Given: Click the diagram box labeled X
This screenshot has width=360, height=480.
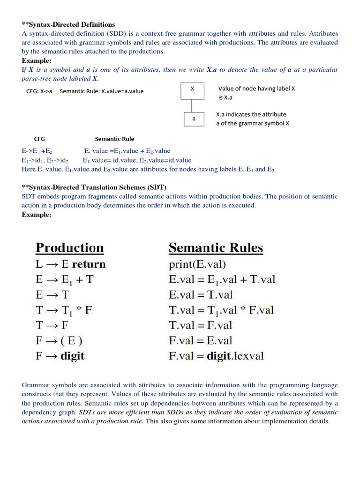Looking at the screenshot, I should (x=192, y=90).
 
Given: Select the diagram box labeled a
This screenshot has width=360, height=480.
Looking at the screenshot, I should (x=194, y=119).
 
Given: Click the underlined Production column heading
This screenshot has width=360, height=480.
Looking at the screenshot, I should (x=69, y=248).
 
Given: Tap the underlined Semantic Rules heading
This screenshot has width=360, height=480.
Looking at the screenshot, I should (x=216, y=248).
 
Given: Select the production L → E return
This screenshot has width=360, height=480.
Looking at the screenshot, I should (x=70, y=264).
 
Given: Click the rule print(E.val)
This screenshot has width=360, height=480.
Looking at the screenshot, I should (x=197, y=264).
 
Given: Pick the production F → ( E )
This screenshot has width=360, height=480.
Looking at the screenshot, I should (x=61, y=340).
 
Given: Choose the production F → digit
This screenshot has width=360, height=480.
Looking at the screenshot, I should (x=60, y=356).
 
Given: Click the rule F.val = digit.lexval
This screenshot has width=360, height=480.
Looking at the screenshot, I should (x=216, y=356).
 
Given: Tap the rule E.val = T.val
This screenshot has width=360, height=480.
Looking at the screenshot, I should (x=201, y=295).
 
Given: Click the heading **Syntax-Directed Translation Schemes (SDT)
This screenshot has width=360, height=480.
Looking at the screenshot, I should (x=94, y=187).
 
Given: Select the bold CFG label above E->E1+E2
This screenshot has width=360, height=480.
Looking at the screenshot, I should (x=39, y=139).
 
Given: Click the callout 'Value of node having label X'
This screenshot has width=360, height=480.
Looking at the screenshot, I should (x=256, y=89).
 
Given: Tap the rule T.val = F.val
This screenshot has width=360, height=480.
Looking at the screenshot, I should (x=200, y=325).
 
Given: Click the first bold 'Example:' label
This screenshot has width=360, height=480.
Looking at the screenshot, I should (x=37, y=61).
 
